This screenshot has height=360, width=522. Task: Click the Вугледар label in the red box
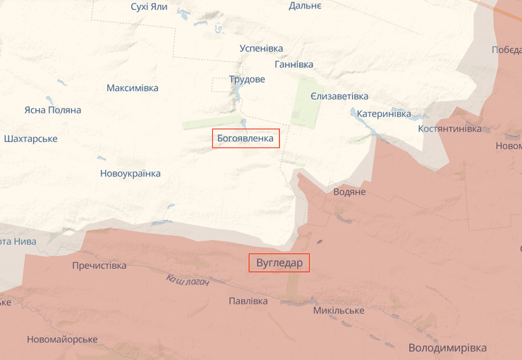tap(279, 263)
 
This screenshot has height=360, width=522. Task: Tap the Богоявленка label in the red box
tap(246, 138)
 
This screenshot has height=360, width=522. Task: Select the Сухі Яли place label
tap(149, 6)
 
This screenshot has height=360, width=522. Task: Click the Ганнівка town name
tap(293, 64)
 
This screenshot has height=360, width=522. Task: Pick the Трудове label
tap(247, 79)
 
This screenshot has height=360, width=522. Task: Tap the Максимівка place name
tap(133, 88)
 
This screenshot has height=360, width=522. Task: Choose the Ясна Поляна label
tap(52, 110)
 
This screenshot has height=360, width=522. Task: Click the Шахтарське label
tap(30, 138)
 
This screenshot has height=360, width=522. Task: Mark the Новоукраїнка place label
tap(130, 174)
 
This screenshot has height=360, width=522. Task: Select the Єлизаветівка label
tap(339, 96)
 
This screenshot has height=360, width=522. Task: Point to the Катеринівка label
tap(384, 114)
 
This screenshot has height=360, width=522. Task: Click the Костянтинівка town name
tap(450, 129)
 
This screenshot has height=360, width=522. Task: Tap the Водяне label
tap(349, 192)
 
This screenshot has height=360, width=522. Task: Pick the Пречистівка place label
tap(99, 265)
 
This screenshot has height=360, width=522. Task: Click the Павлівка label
tap(248, 301)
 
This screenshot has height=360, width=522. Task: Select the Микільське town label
tap(339, 311)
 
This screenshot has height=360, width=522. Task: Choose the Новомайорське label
tap(62, 340)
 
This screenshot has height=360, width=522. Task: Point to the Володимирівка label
tap(447, 348)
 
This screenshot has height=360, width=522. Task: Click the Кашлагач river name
tap(188, 280)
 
